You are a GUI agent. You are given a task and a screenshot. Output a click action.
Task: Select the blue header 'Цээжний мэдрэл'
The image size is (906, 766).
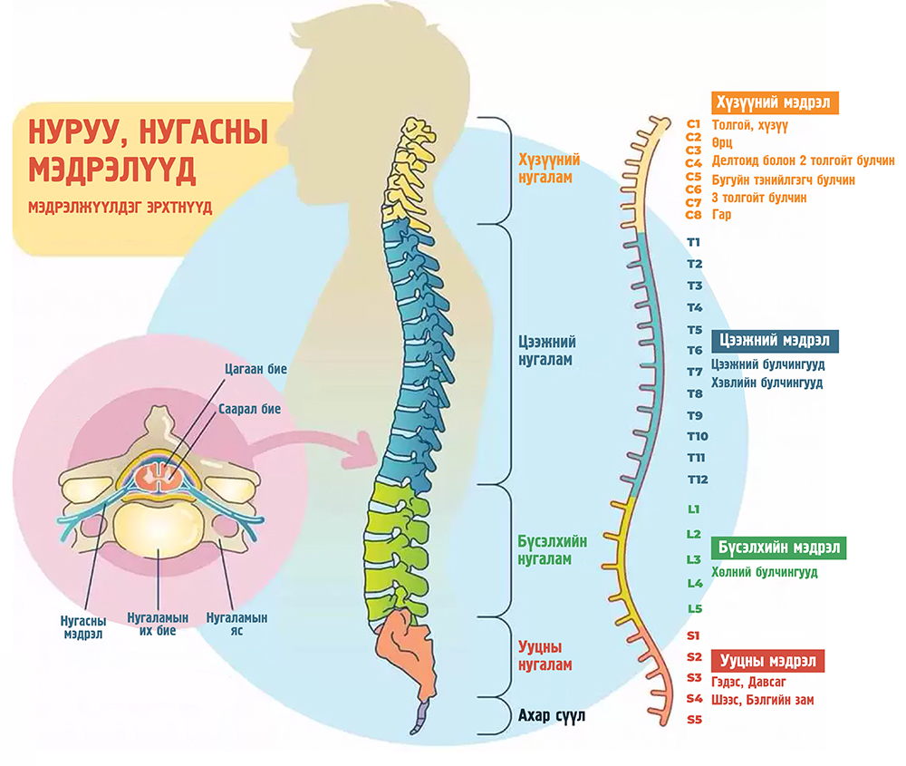click(x=775, y=341)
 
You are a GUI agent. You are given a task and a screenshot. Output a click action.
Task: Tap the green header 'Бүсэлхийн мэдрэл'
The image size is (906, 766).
click(x=780, y=548)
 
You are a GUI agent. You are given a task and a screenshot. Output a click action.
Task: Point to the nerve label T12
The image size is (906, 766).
click(x=697, y=479)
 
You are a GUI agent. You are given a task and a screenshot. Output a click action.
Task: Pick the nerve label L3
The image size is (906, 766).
click(x=694, y=558)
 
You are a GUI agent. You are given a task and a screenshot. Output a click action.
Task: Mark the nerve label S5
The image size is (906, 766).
click(x=694, y=720)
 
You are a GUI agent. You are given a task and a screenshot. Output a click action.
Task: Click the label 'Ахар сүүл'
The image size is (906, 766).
click(x=552, y=716)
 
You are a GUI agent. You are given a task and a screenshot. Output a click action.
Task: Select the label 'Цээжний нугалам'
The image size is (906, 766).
click(x=545, y=351)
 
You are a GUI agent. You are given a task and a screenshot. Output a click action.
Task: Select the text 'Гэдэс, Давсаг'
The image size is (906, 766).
click(x=748, y=681)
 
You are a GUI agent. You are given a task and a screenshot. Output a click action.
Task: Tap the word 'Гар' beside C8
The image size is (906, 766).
click(x=721, y=215)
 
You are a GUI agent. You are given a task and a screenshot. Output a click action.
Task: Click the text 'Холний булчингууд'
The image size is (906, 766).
click(x=765, y=573)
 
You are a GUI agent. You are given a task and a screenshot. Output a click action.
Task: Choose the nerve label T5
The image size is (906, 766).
click(x=695, y=329)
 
